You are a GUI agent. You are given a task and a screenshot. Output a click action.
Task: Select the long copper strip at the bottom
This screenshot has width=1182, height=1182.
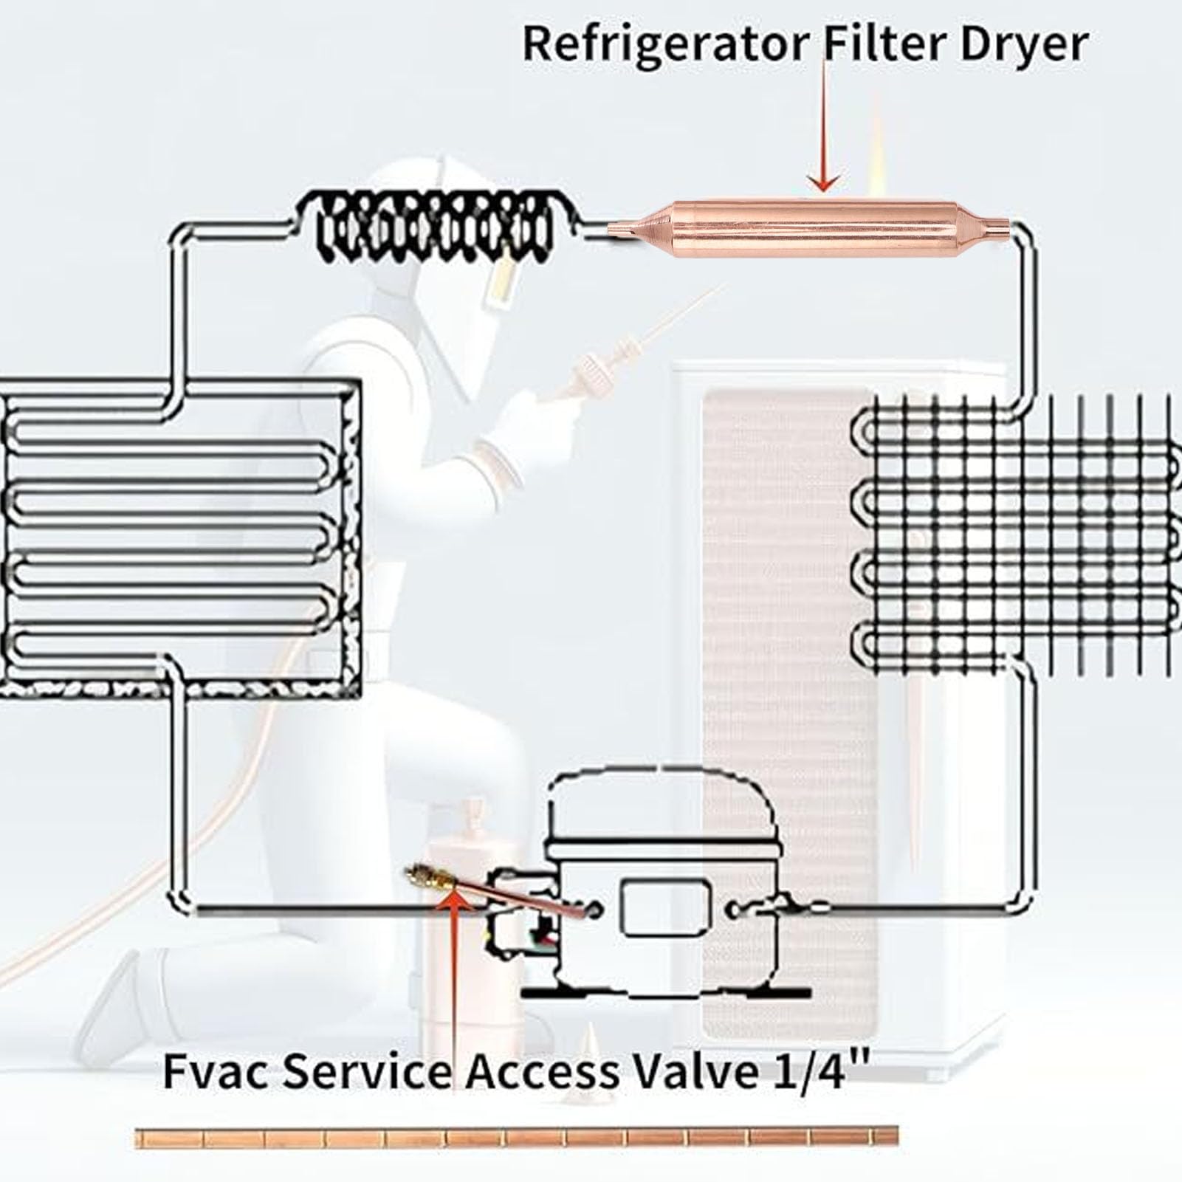point(517,1136)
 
